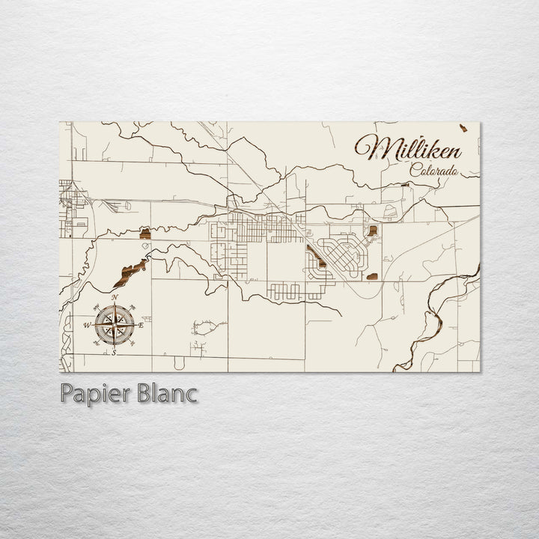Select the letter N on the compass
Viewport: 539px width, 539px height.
115,298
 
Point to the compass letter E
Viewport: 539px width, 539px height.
141,325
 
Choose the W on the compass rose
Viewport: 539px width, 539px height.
87,325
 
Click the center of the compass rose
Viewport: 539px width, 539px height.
114,324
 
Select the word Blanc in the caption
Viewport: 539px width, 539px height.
166,394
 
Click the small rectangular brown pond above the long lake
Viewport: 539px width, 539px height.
147,234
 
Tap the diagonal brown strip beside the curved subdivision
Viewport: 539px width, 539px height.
314,255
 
